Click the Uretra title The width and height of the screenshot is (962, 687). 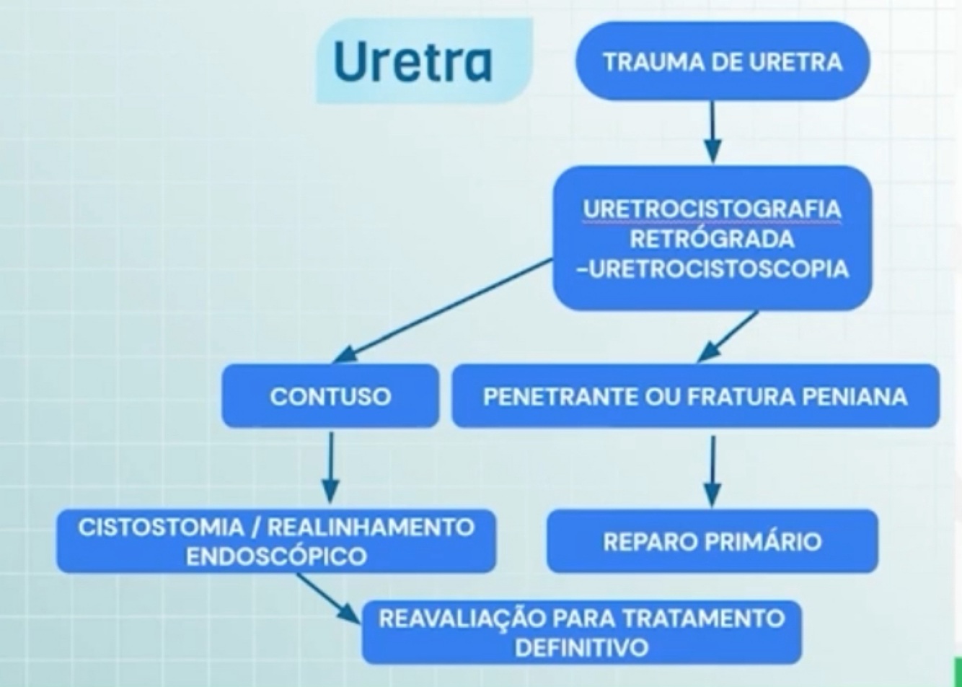coord(412,62)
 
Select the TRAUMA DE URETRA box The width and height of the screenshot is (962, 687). coord(722,61)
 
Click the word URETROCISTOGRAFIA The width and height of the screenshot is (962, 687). coord(712,209)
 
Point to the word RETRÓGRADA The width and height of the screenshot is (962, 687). coord(712,238)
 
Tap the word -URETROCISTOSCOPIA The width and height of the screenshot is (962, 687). coord(712,268)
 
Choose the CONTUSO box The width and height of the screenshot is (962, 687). coord(330,396)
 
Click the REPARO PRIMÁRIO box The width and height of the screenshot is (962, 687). coord(712,541)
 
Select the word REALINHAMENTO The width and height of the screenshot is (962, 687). coord(371,527)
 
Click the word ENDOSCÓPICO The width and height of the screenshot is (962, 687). coord(275,556)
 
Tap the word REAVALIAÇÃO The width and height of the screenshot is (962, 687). coord(456,618)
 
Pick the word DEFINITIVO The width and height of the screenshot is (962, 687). coord(581,647)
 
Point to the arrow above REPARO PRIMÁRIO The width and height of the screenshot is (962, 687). coord(712,469)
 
